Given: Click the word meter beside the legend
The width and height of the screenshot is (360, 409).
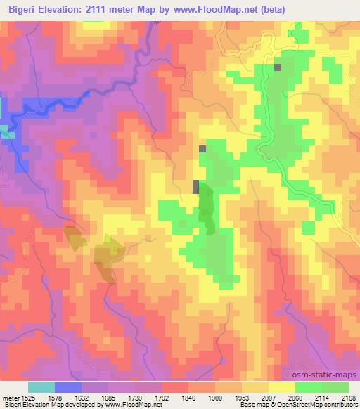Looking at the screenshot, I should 9,397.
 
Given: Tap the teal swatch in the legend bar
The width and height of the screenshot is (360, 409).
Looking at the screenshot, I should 41,387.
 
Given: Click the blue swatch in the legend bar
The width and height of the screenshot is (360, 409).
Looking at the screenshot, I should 68,387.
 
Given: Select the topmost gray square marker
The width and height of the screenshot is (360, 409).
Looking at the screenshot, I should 278,67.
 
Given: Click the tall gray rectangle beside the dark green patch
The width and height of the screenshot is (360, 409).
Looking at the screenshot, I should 195,187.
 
